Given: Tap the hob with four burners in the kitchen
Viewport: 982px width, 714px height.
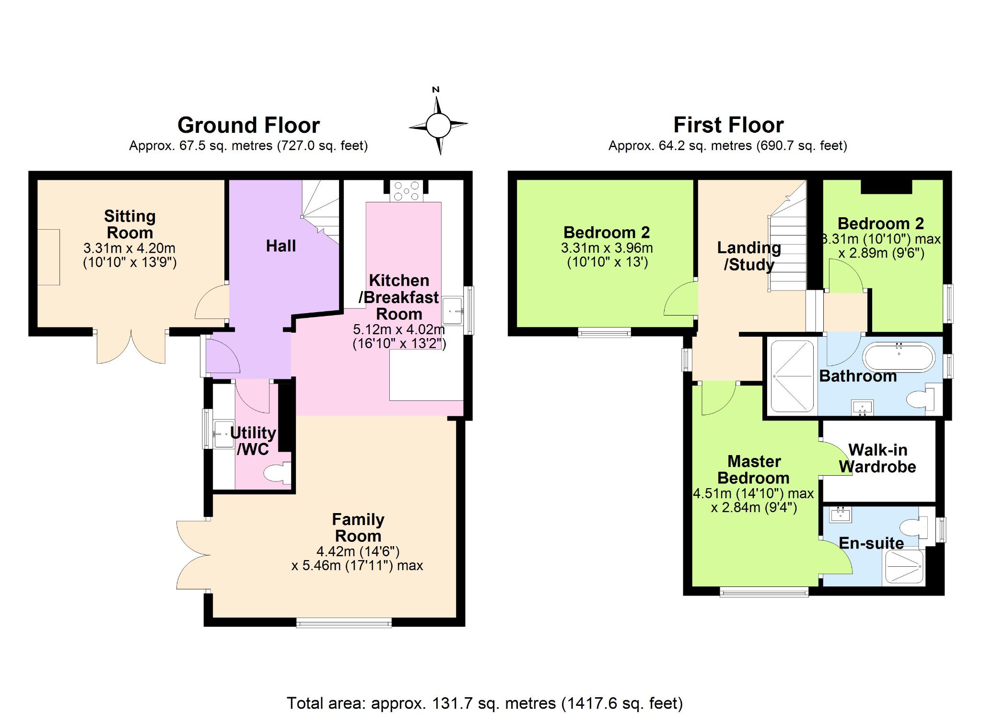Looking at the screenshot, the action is [x=406, y=191].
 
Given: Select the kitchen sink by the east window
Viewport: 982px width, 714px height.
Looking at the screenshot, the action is [x=452, y=310].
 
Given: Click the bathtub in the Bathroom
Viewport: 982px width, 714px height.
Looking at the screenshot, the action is [x=899, y=357].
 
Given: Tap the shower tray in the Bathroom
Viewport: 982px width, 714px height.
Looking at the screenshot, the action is [x=792, y=376].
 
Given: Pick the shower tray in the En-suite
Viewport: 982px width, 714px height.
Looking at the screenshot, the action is [x=903, y=567].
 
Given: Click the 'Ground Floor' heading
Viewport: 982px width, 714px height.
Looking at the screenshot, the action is [x=248, y=125].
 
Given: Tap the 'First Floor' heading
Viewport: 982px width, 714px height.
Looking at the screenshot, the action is [x=728, y=125].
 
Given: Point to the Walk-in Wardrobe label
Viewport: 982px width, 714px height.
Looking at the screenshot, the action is [x=877, y=458].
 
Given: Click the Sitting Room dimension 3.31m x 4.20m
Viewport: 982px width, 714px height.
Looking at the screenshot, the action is [x=129, y=248].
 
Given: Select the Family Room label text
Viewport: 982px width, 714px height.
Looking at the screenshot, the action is [x=358, y=527].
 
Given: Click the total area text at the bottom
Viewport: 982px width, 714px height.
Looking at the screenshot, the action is [x=485, y=703].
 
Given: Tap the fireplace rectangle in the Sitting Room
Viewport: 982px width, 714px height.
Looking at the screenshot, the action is [x=48, y=258].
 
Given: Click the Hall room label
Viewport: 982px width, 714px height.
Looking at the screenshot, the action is [x=281, y=246].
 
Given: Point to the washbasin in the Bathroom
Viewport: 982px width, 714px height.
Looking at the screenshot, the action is [x=862, y=408].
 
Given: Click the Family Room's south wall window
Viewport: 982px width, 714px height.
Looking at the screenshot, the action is [x=344, y=623].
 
